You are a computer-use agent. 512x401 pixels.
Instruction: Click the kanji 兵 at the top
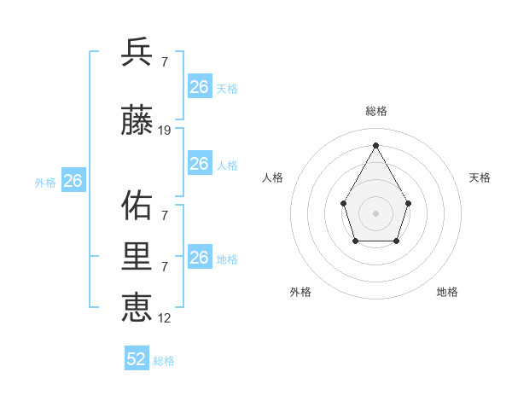[137, 52]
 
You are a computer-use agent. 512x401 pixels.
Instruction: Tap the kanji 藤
[137, 121]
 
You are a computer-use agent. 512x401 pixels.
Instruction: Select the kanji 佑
[137, 206]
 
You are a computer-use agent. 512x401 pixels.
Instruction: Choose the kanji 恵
[137, 306]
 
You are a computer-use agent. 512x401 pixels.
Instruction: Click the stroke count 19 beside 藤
[165, 131]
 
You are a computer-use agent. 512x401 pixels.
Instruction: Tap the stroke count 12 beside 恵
[165, 317]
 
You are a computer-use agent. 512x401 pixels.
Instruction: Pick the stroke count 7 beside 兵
[164, 61]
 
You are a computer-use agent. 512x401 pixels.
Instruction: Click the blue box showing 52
[137, 359]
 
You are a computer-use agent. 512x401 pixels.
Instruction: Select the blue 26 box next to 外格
[73, 181]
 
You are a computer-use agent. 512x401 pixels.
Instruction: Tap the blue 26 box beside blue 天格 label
[199, 87]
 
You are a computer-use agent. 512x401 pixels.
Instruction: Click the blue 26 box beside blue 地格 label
[199, 258]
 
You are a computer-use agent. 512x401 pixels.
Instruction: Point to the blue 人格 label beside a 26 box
[227, 166]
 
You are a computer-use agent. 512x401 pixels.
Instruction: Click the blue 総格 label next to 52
[164, 361]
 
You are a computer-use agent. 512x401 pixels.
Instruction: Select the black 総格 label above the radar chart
[375, 111]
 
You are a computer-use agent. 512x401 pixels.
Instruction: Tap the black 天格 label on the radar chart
[480, 177]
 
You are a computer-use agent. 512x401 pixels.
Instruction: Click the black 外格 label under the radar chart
[300, 292]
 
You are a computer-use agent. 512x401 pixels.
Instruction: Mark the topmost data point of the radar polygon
[375, 144]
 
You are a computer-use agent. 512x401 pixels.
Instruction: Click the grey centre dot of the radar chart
[375, 212]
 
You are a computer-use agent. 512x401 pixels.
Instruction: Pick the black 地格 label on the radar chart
[447, 292]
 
